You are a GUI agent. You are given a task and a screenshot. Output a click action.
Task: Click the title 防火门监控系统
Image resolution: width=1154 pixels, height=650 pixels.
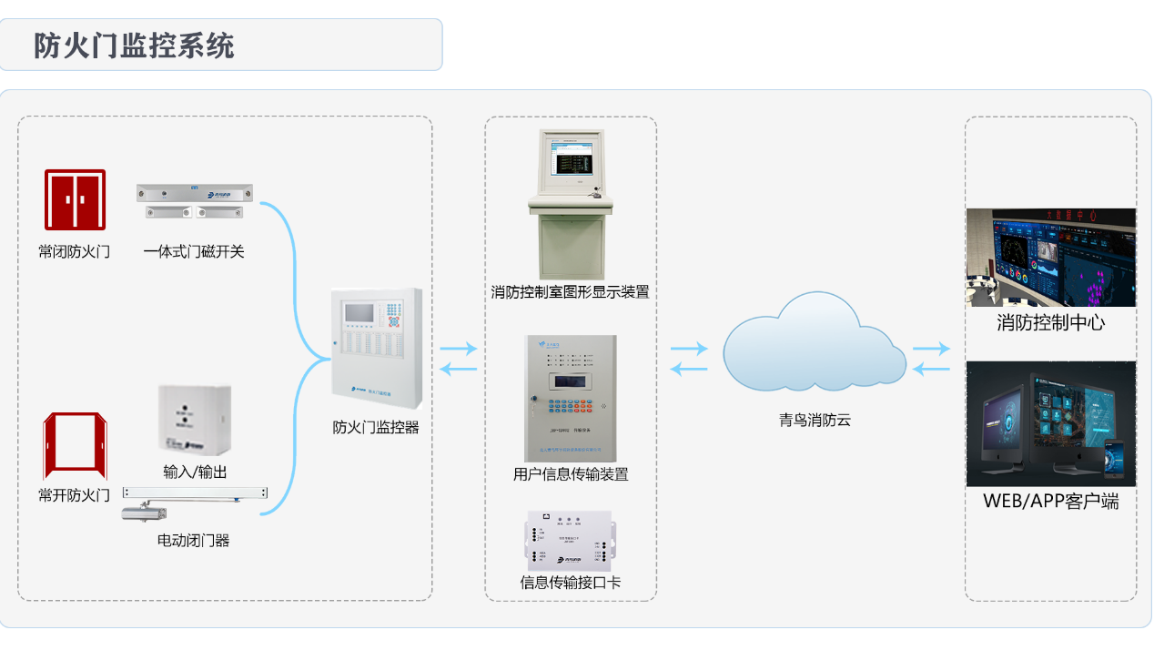click(x=134, y=46)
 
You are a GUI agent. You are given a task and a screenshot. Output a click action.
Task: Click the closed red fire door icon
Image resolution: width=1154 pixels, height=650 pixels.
click(x=76, y=199)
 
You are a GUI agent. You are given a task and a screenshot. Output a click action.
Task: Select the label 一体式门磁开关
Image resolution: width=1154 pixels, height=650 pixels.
click(x=194, y=251)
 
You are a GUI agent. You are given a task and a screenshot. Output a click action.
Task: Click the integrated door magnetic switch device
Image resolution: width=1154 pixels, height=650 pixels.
click(x=195, y=201)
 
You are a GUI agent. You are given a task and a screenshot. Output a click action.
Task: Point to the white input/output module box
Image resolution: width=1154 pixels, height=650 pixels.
click(x=194, y=420)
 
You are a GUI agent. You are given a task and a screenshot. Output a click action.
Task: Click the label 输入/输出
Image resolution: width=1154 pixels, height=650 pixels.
click(x=195, y=472)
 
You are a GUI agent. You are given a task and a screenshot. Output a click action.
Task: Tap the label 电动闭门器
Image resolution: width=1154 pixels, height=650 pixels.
click(x=193, y=540)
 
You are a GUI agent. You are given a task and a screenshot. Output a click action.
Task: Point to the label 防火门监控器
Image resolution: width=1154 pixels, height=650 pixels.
click(x=376, y=426)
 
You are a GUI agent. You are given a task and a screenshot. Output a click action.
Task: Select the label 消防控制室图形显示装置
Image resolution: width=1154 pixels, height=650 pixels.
click(x=570, y=292)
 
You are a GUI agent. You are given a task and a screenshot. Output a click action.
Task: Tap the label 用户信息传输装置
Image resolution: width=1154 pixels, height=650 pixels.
click(x=571, y=473)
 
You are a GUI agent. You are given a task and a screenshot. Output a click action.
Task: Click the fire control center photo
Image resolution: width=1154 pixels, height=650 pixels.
click(x=1050, y=258)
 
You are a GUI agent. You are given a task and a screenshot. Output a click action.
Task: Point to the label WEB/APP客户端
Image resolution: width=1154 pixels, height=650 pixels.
click(x=1050, y=501)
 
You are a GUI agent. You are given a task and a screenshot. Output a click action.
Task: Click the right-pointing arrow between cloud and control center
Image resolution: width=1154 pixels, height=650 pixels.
click(x=931, y=349)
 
